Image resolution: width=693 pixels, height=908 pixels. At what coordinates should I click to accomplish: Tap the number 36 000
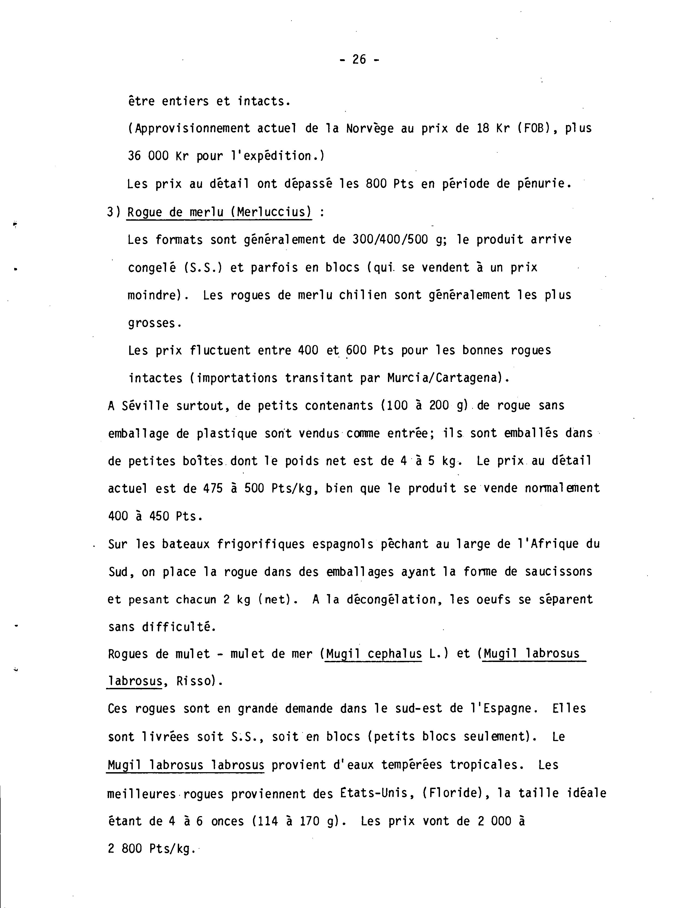tap(148, 156)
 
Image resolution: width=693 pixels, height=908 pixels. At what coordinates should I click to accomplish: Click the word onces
tap(227, 821)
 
